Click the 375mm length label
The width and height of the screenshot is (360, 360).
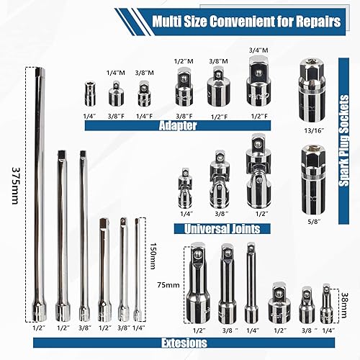(x=15, y=186)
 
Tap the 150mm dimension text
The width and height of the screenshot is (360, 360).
(x=154, y=256)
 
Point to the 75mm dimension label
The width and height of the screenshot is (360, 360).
(x=168, y=285)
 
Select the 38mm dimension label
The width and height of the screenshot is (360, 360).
(x=344, y=305)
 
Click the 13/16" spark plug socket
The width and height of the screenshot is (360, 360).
(x=312, y=91)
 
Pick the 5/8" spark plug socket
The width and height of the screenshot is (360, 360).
(x=314, y=180)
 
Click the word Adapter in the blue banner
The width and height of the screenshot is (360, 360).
(x=178, y=125)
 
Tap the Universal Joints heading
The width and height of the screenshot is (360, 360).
(x=222, y=229)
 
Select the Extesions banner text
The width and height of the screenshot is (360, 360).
(x=184, y=343)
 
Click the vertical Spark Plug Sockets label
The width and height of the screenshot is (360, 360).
(x=343, y=141)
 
